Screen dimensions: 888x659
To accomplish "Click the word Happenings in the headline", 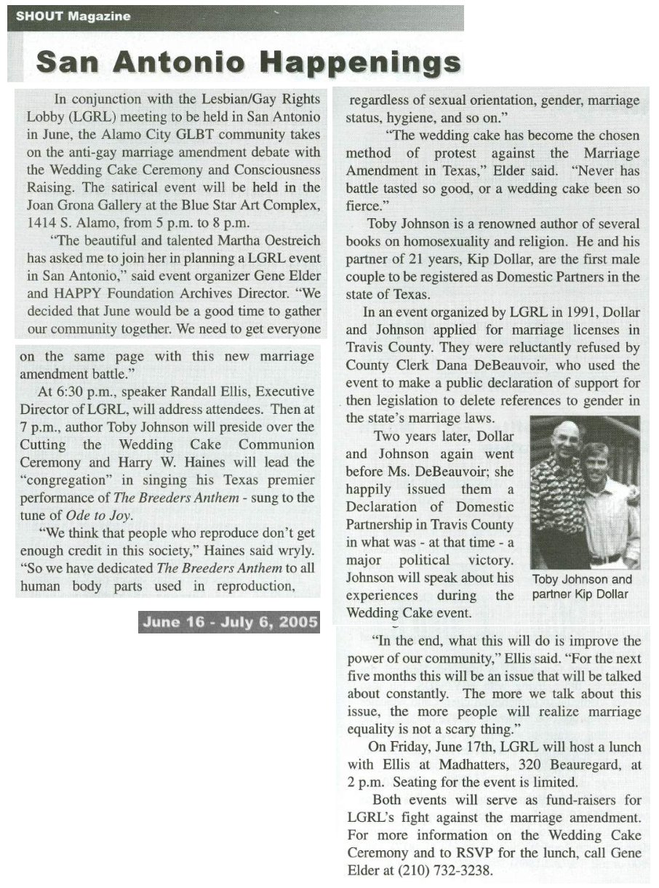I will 362,63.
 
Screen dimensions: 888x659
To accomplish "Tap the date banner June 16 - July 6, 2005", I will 230,622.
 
